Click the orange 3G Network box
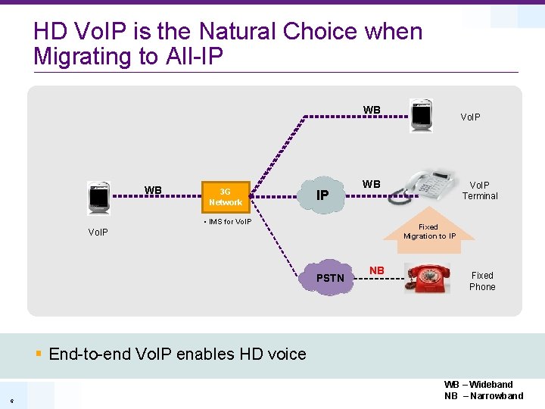[x=225, y=197]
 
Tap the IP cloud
[x=322, y=195]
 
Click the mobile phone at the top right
[x=420, y=115]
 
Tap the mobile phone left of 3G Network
[x=98, y=198]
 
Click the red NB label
[x=376, y=270]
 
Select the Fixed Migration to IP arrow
[x=429, y=226]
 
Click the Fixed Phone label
[x=482, y=281]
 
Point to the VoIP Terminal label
[x=480, y=190]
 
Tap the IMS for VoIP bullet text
[x=228, y=221]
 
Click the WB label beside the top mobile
[x=372, y=111]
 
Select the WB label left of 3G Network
[x=153, y=190]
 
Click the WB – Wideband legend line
[x=478, y=385]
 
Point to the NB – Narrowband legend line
[x=483, y=396]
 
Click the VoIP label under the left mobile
[x=97, y=232]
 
